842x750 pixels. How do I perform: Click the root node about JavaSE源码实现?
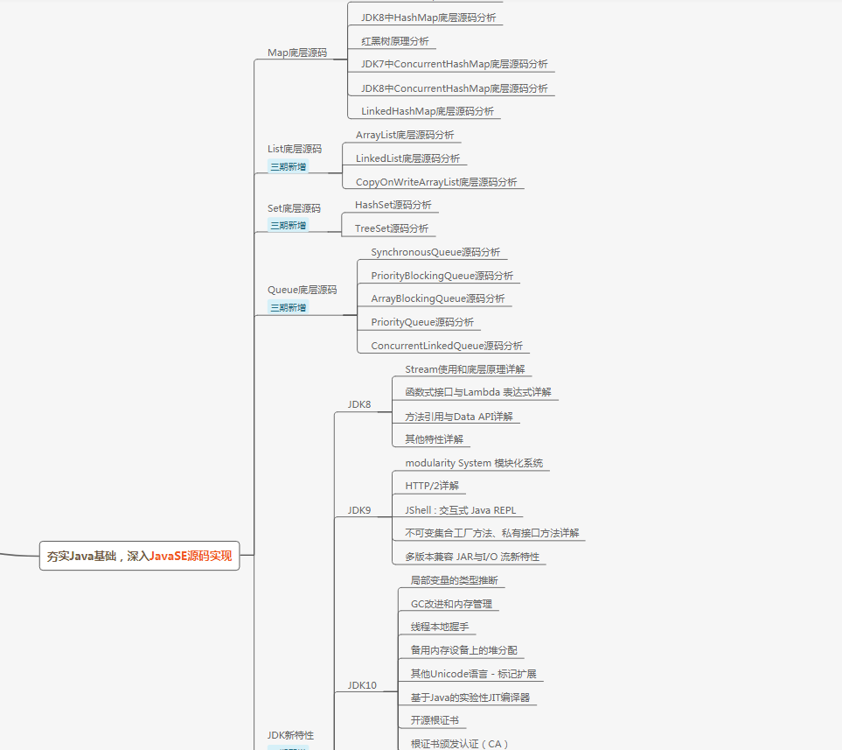pyautogui.click(x=139, y=556)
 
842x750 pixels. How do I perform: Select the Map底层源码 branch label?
pyautogui.click(x=296, y=53)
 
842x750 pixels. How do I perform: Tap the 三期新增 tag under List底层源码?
pyautogui.click(x=288, y=166)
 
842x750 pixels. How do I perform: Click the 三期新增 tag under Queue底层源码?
pyautogui.click(x=288, y=307)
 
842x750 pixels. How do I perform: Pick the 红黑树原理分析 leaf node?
pyautogui.click(x=394, y=41)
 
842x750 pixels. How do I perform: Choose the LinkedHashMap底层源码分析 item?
pyautogui.click(x=427, y=111)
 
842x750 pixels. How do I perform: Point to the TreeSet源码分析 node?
pyautogui.click(x=391, y=228)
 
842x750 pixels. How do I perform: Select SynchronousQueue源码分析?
pyautogui.click(x=435, y=252)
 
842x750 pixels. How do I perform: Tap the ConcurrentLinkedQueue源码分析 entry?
pyautogui.click(x=446, y=346)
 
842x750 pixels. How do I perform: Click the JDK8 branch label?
pyautogui.click(x=359, y=404)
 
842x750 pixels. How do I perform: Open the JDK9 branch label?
pyautogui.click(x=359, y=509)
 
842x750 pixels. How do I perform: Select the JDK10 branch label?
pyautogui.click(x=362, y=685)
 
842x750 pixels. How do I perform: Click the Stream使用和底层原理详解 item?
pyautogui.click(x=464, y=369)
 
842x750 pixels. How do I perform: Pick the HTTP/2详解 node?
pyautogui.click(x=431, y=486)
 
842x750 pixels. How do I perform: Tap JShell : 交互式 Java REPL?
pyautogui.click(x=460, y=509)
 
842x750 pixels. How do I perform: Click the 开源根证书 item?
pyautogui.click(x=434, y=720)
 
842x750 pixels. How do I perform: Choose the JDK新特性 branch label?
pyautogui.click(x=290, y=735)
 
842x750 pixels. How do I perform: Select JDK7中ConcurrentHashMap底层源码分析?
pyautogui.click(x=454, y=64)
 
